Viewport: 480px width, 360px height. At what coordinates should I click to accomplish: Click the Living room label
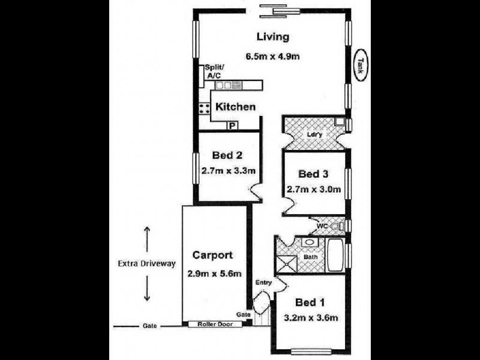pos(273,37)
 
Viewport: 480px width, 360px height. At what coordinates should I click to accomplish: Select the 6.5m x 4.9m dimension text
pos(272,57)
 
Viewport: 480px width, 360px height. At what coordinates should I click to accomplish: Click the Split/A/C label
pos(214,72)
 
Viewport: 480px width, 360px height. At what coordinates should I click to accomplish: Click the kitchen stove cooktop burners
pos(204,109)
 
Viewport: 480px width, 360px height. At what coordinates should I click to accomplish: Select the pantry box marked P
pos(231,125)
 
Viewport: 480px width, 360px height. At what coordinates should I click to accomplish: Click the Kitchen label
pos(236,107)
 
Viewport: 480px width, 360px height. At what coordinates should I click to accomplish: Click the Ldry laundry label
pos(314,134)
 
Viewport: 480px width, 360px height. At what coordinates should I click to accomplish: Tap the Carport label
pos(212,255)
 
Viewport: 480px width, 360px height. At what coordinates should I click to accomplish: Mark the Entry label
pos(264,282)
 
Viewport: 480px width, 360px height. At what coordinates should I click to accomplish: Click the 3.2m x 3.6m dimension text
pos(312,317)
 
